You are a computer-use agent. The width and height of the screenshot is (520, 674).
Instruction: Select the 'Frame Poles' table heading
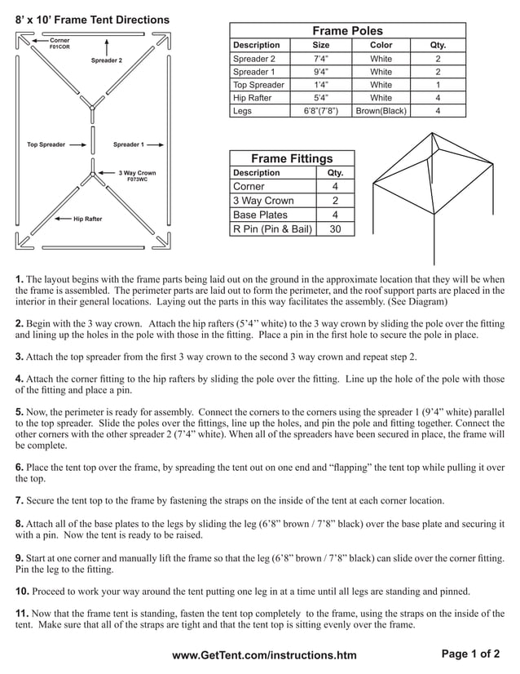pyautogui.click(x=347, y=30)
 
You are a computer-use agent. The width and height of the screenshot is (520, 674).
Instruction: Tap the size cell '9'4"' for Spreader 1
pyautogui.click(x=321, y=72)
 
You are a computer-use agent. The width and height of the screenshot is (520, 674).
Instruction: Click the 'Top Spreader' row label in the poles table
pyautogui.click(x=258, y=85)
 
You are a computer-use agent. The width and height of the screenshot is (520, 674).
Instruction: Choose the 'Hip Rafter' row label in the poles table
pyautogui.click(x=253, y=97)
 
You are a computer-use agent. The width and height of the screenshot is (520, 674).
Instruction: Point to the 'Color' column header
pyautogui.click(x=381, y=45)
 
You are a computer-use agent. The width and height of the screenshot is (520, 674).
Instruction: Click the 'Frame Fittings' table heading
pyautogui.click(x=292, y=158)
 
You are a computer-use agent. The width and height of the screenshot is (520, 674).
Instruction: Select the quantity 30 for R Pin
pyautogui.click(x=335, y=229)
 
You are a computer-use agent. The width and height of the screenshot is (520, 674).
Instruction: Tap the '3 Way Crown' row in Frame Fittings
pyautogui.click(x=263, y=201)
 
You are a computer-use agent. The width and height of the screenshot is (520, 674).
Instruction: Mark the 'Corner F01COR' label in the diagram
pyautogui.click(x=59, y=43)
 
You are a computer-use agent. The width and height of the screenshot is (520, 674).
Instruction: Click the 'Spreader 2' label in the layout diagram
pyautogui.click(x=106, y=60)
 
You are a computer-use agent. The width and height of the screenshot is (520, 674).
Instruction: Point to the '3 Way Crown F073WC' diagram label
pyautogui.click(x=136, y=175)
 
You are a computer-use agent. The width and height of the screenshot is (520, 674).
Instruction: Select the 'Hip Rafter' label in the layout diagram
pyautogui.click(x=87, y=219)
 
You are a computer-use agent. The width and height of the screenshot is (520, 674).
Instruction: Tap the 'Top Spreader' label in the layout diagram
pyautogui.click(x=46, y=144)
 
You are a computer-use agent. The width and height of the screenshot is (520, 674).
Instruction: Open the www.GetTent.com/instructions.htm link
pyautogui.click(x=264, y=655)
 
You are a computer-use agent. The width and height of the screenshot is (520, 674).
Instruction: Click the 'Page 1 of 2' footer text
pyautogui.click(x=470, y=654)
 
